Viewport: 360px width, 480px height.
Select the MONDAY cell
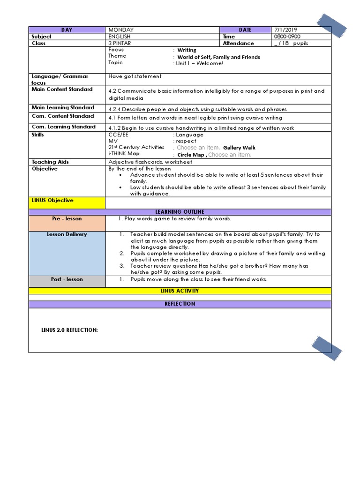coord(121,30)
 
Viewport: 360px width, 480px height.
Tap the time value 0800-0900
coord(287,37)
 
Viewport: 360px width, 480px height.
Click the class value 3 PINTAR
coord(120,43)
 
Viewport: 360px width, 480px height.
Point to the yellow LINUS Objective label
coord(52,201)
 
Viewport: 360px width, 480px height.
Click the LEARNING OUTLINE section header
coord(180,212)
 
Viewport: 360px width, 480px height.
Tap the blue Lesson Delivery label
coord(67,234)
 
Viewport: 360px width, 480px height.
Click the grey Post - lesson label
coord(67,279)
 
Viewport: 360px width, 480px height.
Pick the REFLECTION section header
coord(180,304)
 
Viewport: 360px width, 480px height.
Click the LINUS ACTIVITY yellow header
coord(180,291)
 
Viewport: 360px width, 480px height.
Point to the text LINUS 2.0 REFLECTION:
coord(69,330)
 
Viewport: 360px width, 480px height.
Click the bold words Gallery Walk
coord(239,148)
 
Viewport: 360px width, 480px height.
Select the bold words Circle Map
coord(191,155)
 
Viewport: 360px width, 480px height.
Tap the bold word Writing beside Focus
coord(187,50)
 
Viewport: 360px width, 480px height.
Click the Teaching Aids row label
coord(50,162)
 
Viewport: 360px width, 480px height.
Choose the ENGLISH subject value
coord(120,37)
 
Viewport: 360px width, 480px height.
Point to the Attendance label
coord(238,43)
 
